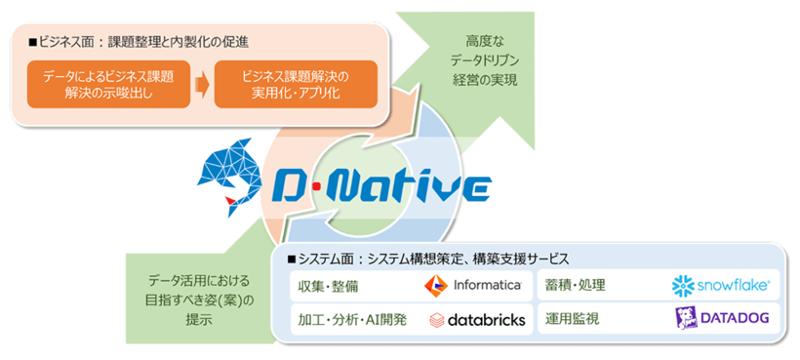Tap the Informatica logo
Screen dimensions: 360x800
(x=472, y=285)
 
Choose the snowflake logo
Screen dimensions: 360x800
(x=722, y=285)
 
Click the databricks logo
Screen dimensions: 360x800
(x=477, y=319)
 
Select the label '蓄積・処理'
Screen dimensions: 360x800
(x=576, y=285)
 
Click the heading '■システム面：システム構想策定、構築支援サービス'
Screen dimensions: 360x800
(x=428, y=259)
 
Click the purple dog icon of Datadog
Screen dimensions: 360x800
(x=687, y=319)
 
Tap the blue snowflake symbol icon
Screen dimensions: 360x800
(x=683, y=285)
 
